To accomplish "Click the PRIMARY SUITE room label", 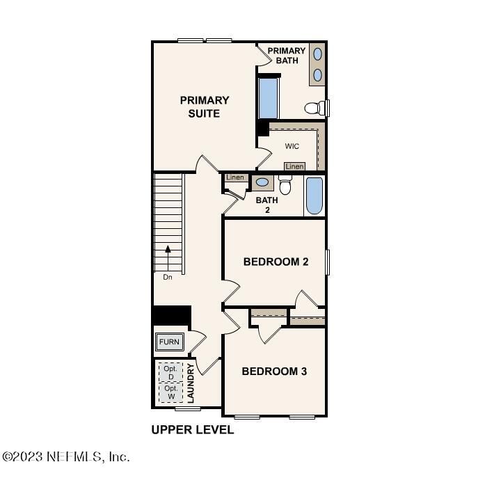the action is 205,106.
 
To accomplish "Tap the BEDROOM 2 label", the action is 276,262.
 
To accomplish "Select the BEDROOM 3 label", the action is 274,372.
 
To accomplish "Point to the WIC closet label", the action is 292,146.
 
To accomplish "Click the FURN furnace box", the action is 170,342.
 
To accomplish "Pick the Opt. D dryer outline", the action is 170,372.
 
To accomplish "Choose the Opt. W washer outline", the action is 170,392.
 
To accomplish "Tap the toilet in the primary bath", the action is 315,108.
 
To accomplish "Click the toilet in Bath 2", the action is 285,185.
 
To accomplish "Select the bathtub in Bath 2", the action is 314,196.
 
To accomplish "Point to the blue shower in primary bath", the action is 269,99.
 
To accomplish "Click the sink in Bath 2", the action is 262,182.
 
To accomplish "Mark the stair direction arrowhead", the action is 168,249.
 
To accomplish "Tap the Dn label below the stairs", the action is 168,277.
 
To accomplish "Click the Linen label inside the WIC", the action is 294,166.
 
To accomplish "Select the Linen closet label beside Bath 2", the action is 235,177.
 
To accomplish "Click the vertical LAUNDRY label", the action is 191,383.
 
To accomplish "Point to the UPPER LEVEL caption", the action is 193,430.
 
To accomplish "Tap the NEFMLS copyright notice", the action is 66,456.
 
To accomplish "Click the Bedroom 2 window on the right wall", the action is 328,262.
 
